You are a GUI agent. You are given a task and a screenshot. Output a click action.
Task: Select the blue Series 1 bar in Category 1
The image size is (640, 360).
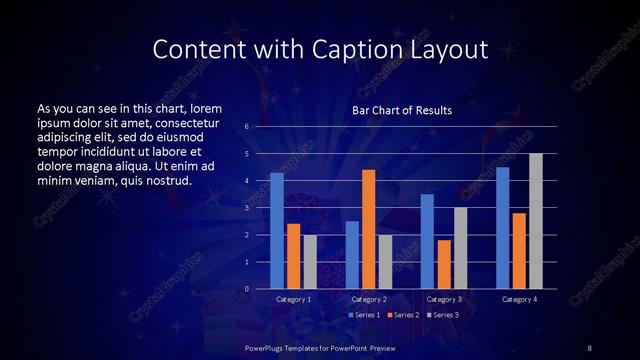point(277,231)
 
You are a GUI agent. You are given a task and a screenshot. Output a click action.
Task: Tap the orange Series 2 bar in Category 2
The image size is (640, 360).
point(369,229)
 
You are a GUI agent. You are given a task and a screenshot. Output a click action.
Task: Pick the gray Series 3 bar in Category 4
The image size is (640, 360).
point(536,221)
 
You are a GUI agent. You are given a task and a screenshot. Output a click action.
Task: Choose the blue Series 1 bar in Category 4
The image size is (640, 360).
point(502,228)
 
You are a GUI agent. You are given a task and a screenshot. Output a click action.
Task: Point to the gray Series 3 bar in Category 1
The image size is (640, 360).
point(310,262)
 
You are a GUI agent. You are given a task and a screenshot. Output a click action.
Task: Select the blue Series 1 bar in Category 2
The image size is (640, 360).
point(352,255)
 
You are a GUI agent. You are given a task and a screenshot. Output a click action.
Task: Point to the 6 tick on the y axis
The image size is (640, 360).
point(246,127)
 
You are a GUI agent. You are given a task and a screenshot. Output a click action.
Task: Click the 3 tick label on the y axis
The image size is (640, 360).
point(246,208)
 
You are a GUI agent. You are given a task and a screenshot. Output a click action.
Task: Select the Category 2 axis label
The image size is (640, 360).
point(369,299)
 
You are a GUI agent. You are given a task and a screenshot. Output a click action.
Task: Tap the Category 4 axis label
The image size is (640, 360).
point(519,299)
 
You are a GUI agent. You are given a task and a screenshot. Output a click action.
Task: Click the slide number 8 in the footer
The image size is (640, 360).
point(589,347)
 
